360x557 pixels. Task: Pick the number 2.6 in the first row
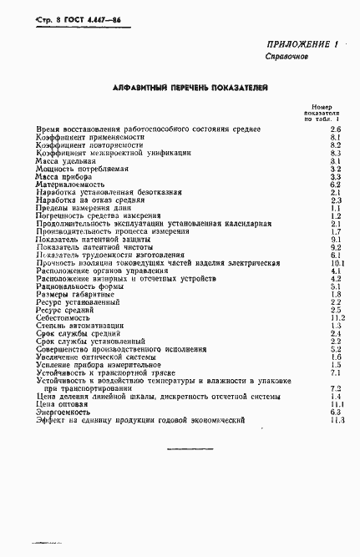tap(336, 129)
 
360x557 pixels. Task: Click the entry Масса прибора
tap(64, 177)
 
